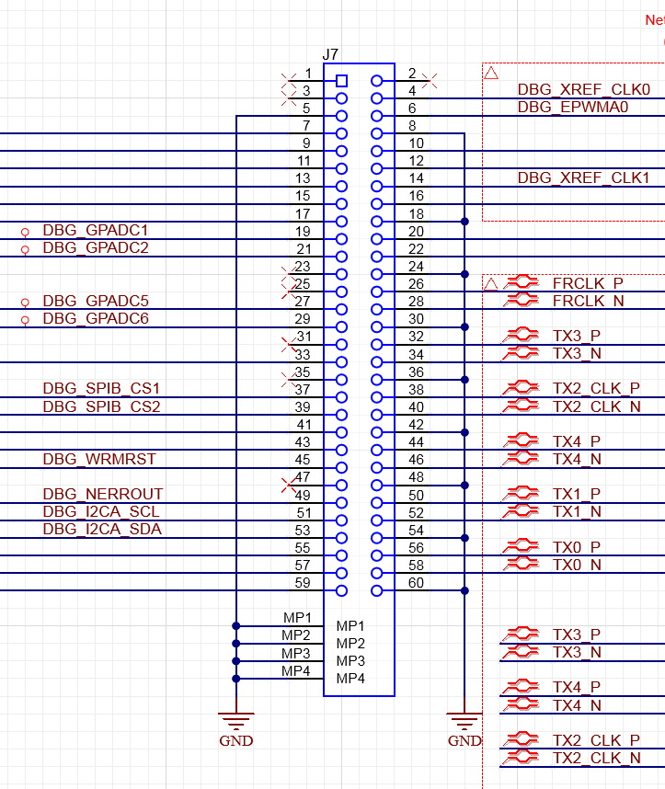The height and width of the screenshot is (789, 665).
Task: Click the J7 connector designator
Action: click(331, 56)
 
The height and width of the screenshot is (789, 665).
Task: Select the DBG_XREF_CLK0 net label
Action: click(583, 90)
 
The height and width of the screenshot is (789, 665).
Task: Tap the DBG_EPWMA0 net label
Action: click(572, 108)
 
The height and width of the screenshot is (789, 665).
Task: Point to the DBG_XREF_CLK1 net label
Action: click(583, 177)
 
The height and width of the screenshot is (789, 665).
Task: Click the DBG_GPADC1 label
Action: click(96, 230)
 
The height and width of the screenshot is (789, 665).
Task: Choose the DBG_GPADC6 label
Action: click(96, 318)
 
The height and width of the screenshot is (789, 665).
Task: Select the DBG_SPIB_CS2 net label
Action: click(101, 406)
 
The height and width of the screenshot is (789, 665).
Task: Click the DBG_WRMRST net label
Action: click(99, 459)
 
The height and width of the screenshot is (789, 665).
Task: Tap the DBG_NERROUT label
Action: click(102, 495)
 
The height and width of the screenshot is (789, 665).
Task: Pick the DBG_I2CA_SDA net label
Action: click(102, 530)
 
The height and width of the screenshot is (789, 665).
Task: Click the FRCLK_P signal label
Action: click(588, 283)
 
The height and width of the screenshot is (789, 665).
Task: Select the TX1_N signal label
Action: click(577, 511)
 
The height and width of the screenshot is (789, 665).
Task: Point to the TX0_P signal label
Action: click(577, 547)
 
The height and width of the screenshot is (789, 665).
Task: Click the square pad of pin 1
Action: click(342, 81)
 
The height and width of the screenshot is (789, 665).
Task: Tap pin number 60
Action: click(416, 582)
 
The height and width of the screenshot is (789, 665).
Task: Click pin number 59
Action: click(302, 582)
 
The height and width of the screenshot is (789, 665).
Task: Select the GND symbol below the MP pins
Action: click(236, 722)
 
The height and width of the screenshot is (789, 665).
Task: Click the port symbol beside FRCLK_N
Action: click(522, 301)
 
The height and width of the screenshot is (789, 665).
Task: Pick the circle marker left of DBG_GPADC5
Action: click(25, 303)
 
